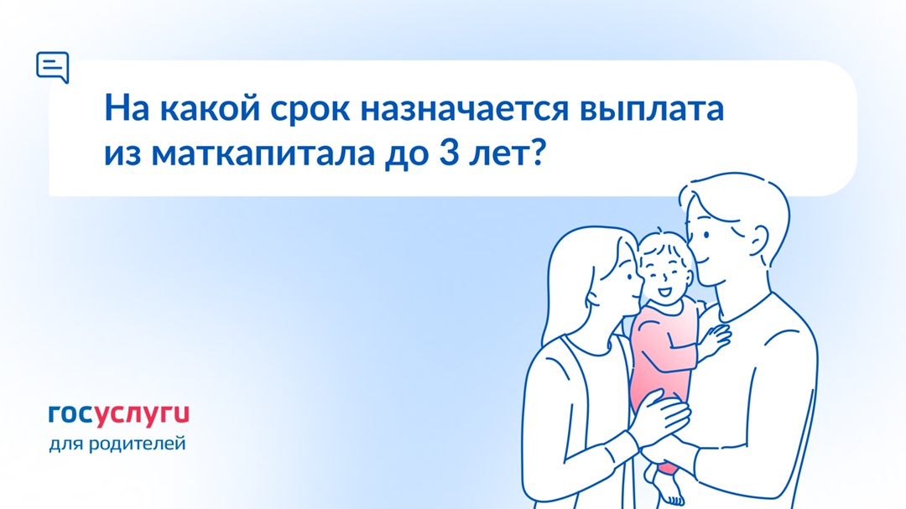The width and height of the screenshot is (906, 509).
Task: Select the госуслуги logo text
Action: pyautogui.click(x=118, y=413)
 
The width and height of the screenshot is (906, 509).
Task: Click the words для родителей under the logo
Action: pyautogui.click(x=117, y=442)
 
